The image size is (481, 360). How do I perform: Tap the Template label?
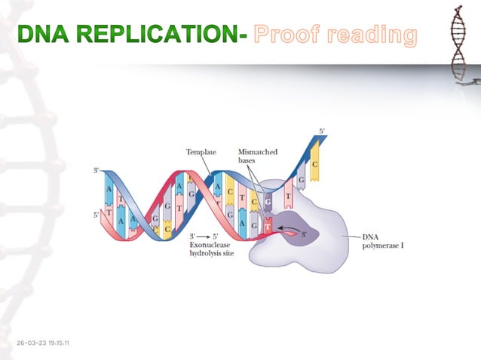(201, 152)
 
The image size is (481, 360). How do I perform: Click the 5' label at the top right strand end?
(323, 131)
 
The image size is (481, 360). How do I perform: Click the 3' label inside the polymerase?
(305, 234)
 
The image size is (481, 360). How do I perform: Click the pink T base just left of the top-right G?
(289, 197)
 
